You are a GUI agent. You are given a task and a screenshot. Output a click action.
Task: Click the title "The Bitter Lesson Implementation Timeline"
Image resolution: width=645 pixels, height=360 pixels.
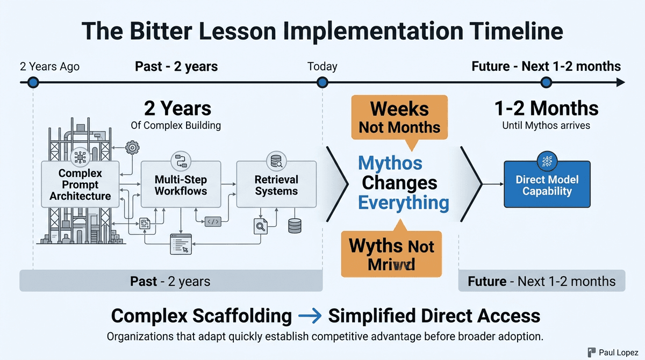[322, 31]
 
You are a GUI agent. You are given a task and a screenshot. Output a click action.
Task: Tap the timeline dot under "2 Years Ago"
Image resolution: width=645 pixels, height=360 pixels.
[33, 82]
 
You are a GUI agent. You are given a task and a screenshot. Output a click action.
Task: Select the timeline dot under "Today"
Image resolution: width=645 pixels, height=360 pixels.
[322, 82]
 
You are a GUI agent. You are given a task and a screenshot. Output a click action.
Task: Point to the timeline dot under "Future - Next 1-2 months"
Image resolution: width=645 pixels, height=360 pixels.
[546, 82]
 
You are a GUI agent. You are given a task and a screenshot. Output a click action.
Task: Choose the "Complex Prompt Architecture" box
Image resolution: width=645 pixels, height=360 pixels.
[80, 184]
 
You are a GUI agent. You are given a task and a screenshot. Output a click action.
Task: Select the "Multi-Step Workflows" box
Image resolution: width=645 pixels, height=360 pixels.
[181, 184]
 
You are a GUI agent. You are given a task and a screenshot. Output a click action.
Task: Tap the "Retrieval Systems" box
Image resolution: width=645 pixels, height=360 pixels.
[276, 184]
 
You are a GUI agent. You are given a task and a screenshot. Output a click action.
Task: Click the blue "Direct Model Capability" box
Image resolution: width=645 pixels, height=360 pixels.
[547, 185]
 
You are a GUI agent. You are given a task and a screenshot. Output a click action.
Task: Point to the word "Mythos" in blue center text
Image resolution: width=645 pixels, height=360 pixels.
[390, 163]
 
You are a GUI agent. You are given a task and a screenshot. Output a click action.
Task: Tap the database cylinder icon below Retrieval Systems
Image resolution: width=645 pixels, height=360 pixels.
[295, 225]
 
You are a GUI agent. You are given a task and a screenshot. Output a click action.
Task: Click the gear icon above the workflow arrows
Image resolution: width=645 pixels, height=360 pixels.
[132, 147]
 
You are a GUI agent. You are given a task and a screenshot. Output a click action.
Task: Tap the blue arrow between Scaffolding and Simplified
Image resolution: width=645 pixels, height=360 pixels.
[309, 316]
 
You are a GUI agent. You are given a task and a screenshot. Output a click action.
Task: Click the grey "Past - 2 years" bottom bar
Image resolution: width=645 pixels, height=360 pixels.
[170, 281]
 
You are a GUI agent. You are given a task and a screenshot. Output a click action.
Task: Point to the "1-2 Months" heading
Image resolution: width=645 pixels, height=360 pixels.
[546, 109]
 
